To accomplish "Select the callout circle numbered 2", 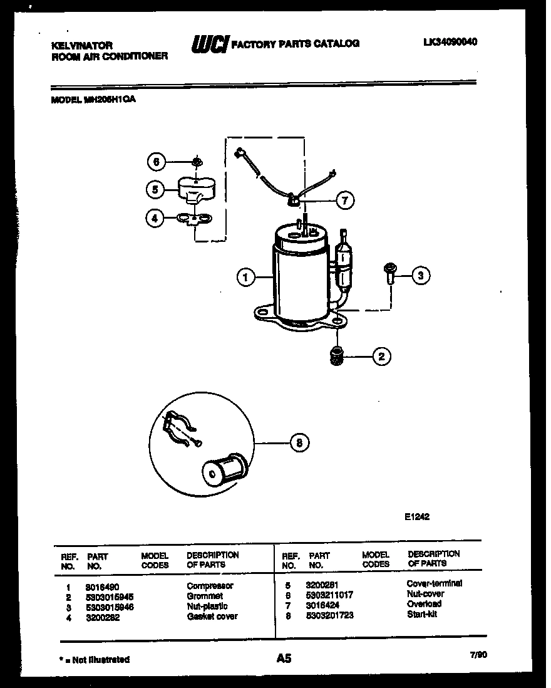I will point(381,357).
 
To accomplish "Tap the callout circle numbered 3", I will point(421,274).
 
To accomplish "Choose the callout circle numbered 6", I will point(157,162).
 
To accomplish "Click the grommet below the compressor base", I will point(338,356).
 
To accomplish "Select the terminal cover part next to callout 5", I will point(195,189).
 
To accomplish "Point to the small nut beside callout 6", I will point(196,162).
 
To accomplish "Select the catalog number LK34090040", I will point(450,42).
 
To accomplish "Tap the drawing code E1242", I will point(416,517).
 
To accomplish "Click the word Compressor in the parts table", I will point(210,586).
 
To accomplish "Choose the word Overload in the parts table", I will point(424,604).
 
